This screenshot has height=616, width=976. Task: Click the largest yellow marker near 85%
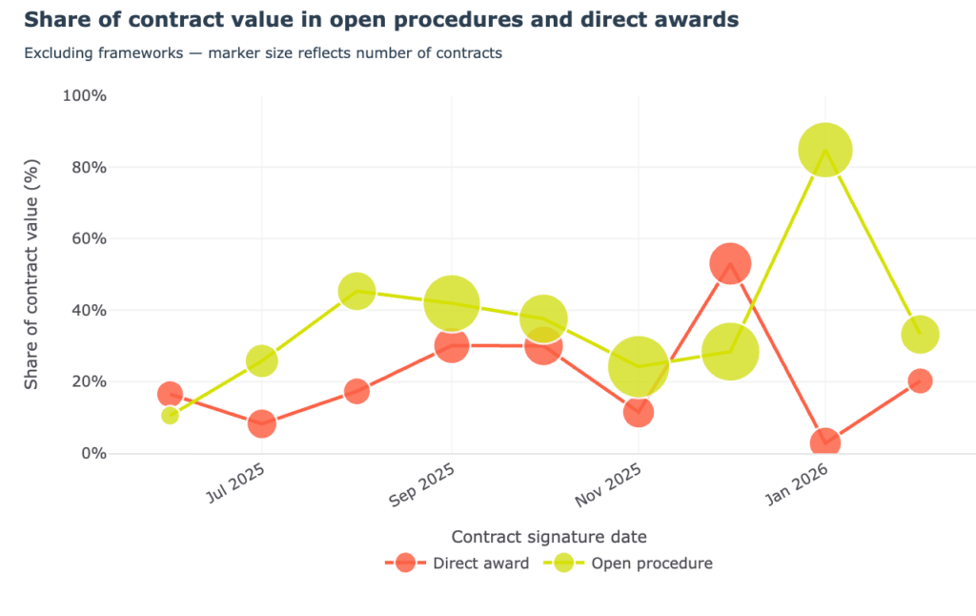(824, 150)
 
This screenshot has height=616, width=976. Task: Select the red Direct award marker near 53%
(731, 262)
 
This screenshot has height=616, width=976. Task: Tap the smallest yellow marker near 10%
(170, 415)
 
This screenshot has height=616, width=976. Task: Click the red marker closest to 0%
(824, 442)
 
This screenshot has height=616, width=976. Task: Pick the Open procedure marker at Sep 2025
(451, 302)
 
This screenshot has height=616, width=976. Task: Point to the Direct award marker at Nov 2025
(638, 412)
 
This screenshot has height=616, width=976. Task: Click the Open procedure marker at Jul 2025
(262, 360)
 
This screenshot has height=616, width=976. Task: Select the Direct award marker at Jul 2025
(262, 423)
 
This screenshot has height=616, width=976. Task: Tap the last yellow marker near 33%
(920, 334)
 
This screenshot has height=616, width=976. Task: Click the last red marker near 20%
(920, 380)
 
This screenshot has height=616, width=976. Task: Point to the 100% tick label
(84, 95)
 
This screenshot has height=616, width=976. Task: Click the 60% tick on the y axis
(87, 238)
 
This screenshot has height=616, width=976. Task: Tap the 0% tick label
(91, 453)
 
